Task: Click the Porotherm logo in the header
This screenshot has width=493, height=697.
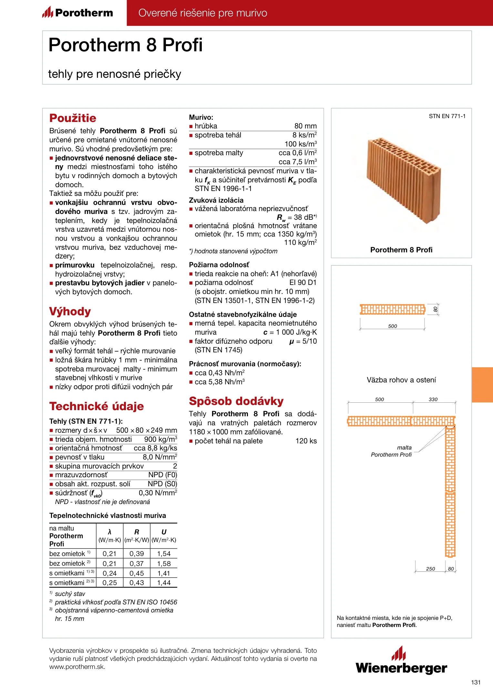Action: click(77, 13)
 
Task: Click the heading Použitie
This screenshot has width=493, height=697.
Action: click(73, 118)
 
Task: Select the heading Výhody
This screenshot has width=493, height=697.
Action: click(70, 311)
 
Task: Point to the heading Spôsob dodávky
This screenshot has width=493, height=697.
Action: click(236, 401)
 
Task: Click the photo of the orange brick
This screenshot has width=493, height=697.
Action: click(403, 179)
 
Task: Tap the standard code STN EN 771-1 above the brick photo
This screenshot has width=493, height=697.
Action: click(447, 116)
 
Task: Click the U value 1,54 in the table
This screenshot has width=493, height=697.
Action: click(164, 554)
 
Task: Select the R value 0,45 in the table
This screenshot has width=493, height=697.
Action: click(137, 573)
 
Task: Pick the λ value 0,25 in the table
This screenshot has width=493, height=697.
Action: click(109, 583)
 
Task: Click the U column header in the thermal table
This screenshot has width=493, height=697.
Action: click(164, 532)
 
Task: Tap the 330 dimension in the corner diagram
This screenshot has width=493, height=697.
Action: click(433, 399)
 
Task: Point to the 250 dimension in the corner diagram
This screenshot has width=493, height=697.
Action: click(430, 569)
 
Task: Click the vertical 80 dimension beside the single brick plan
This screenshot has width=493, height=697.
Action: click(435, 309)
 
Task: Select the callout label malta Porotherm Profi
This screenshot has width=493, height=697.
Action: click(392, 451)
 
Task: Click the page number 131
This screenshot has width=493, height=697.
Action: click(476, 682)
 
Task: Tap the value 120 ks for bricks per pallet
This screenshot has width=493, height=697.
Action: click(306, 441)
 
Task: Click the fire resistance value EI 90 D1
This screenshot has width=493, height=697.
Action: click(303, 283)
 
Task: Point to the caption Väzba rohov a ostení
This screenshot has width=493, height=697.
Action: click(401, 380)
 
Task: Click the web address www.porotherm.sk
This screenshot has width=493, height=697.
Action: click(77, 667)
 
